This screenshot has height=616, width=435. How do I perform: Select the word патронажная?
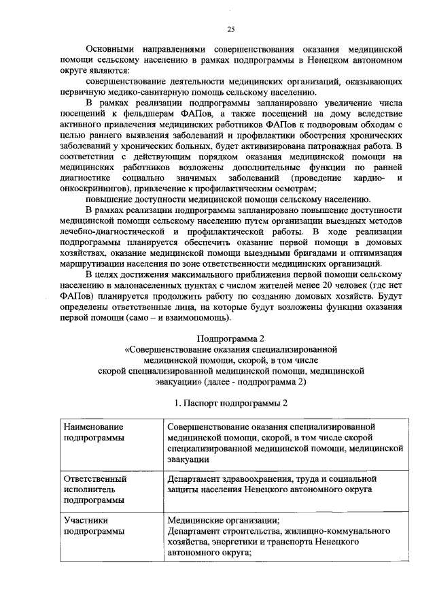(x=332, y=144)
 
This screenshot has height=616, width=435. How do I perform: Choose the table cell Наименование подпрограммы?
(x=94, y=432)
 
